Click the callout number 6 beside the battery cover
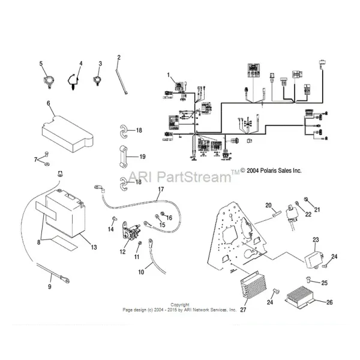[47, 103]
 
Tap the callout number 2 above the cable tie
[119, 58]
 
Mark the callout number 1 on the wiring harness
[169, 76]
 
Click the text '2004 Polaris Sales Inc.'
[271, 170]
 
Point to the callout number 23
[316, 239]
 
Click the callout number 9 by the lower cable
[49, 286]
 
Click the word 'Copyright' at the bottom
[180, 304]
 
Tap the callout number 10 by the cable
[142, 272]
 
